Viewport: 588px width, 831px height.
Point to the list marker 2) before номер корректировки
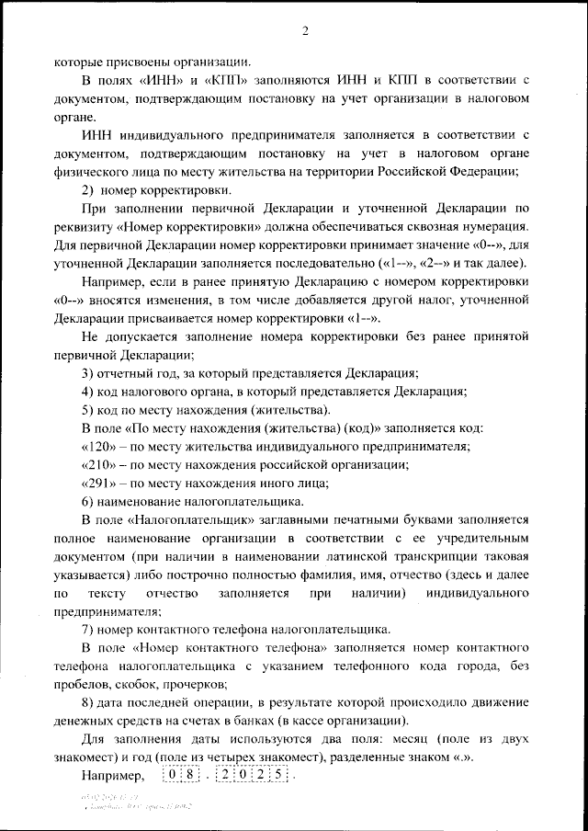click(90, 190)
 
